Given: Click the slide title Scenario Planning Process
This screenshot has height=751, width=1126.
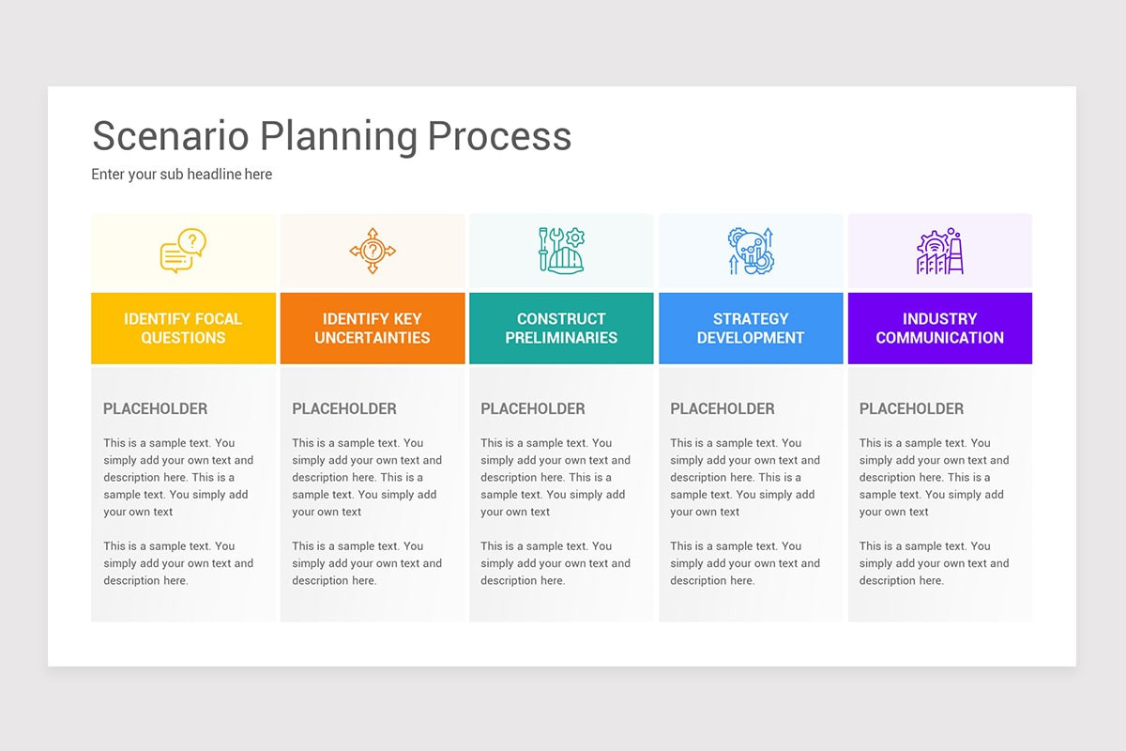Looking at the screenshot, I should pyautogui.click(x=331, y=136).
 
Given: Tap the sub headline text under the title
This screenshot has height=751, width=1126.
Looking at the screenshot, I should pyautogui.click(x=182, y=175).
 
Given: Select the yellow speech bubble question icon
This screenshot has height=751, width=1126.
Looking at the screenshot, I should pyautogui.click(x=183, y=251).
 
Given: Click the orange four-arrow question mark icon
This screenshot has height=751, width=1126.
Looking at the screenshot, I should pyautogui.click(x=373, y=251).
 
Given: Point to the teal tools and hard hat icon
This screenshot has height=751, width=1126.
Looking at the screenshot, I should pyautogui.click(x=561, y=251).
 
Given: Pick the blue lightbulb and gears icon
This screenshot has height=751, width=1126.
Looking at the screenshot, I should pyautogui.click(x=751, y=251).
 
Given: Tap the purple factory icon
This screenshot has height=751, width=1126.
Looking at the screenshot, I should pyautogui.click(x=939, y=251).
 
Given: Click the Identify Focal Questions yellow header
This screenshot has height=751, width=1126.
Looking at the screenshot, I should pyautogui.click(x=183, y=328).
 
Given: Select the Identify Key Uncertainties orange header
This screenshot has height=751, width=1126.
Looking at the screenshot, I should pyautogui.click(x=373, y=328).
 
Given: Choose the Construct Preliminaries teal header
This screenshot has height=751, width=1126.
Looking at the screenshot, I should pyautogui.click(x=561, y=328).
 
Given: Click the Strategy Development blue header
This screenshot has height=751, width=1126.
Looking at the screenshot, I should pyautogui.click(x=751, y=328).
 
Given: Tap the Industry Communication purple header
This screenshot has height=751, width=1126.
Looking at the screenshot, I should pyautogui.click(x=939, y=328).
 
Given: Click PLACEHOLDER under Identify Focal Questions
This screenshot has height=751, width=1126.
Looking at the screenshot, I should pyautogui.click(x=155, y=408).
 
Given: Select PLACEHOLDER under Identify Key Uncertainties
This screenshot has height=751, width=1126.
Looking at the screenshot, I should pyautogui.click(x=344, y=408).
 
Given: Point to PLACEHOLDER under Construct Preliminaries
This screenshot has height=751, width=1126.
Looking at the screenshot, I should pyautogui.click(x=533, y=408).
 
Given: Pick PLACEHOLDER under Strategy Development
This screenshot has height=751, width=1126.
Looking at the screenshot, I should pyautogui.click(x=723, y=408).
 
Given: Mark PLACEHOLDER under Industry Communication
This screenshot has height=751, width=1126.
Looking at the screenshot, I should pyautogui.click(x=911, y=408).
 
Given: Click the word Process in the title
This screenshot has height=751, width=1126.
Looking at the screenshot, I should pyautogui.click(x=499, y=136).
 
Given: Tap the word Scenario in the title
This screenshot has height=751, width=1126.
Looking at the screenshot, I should pyautogui.click(x=171, y=136).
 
